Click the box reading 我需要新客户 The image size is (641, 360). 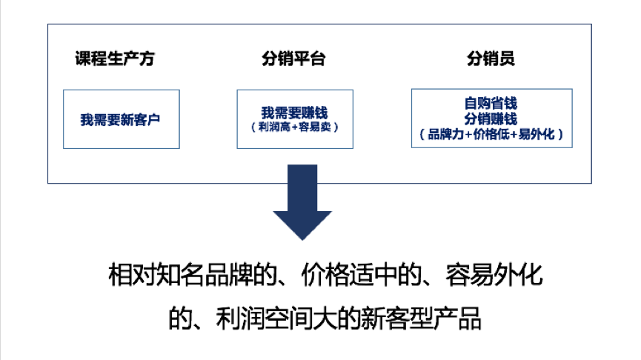coord(121,119)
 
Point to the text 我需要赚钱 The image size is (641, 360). coord(294,113)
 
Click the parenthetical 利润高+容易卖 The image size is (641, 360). coord(294,127)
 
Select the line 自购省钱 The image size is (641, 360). coord(491,104)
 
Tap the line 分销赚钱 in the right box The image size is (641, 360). coord(491,119)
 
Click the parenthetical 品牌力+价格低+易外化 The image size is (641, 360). coord(491,135)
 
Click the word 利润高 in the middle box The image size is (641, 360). coord(273,127)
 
